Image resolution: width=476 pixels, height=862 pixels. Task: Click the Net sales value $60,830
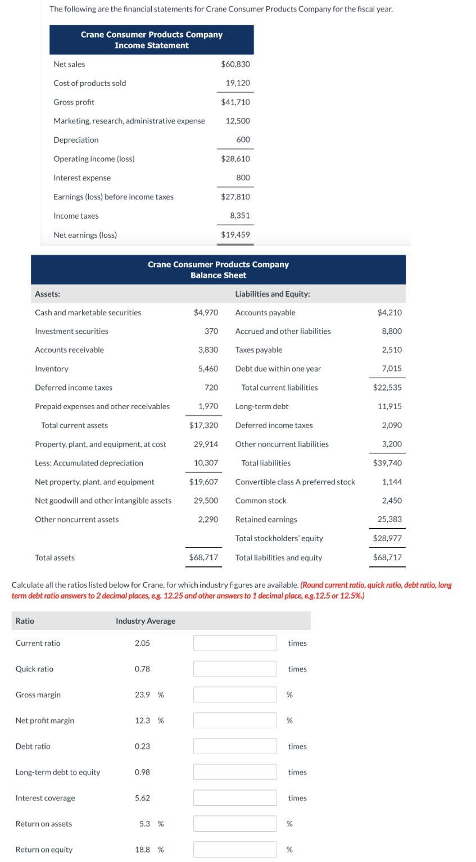[x=235, y=64]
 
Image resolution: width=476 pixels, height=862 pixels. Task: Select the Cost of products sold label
[x=89, y=83]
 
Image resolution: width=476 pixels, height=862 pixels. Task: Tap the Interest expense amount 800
[x=243, y=178]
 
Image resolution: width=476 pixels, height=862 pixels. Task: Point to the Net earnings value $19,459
[x=235, y=235]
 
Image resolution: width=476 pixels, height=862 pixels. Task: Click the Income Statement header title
[x=151, y=40]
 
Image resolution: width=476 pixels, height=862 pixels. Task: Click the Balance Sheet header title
[x=218, y=270]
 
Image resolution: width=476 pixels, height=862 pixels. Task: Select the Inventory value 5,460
[x=207, y=369]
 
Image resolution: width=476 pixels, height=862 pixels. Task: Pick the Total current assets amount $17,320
[x=203, y=425]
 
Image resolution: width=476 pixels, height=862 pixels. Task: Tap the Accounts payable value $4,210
[x=389, y=312]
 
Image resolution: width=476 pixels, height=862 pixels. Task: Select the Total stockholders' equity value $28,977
[x=387, y=538]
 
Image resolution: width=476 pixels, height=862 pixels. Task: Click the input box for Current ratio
[x=234, y=643]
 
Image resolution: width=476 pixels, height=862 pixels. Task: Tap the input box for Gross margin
[x=234, y=695]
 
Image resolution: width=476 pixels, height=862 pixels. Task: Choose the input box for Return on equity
[x=234, y=849]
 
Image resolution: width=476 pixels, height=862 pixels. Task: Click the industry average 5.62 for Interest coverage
[x=142, y=798]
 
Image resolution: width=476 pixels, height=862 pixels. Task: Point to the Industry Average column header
[x=145, y=621]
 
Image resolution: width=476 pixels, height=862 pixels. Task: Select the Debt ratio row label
[x=33, y=746]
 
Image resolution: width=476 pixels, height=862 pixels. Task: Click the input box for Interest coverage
[x=234, y=798]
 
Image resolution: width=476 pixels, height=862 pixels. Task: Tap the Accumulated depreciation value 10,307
[x=206, y=463]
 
